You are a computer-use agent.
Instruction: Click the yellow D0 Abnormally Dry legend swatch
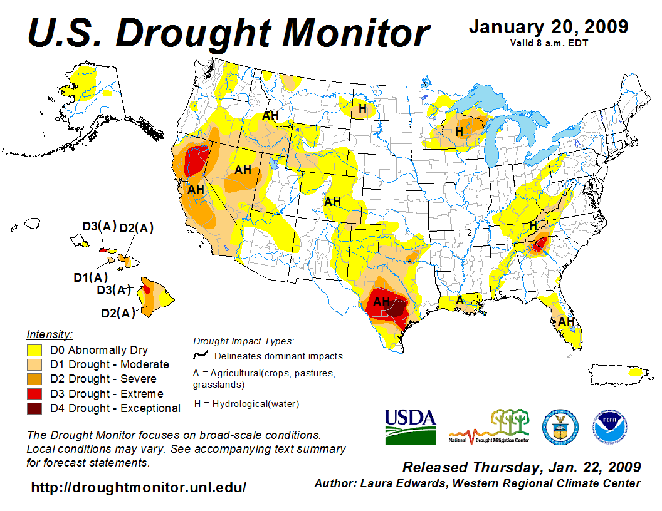click(34, 350)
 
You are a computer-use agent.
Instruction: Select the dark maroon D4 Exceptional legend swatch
click(34, 408)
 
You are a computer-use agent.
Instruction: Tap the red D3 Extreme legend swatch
click(34, 394)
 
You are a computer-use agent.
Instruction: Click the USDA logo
click(410, 426)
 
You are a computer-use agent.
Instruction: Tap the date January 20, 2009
click(548, 27)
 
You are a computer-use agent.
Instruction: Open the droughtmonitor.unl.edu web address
click(139, 487)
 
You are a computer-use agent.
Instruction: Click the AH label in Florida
click(566, 321)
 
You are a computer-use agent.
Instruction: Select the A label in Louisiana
click(460, 300)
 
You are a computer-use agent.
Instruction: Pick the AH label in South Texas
click(382, 302)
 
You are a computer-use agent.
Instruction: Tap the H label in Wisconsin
click(459, 132)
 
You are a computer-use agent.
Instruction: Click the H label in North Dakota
click(362, 108)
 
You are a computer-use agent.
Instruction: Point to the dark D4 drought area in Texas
click(397, 309)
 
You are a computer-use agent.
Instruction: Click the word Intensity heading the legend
click(50, 334)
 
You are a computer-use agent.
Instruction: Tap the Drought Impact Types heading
click(243, 341)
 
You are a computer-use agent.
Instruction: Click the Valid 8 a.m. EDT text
click(549, 43)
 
